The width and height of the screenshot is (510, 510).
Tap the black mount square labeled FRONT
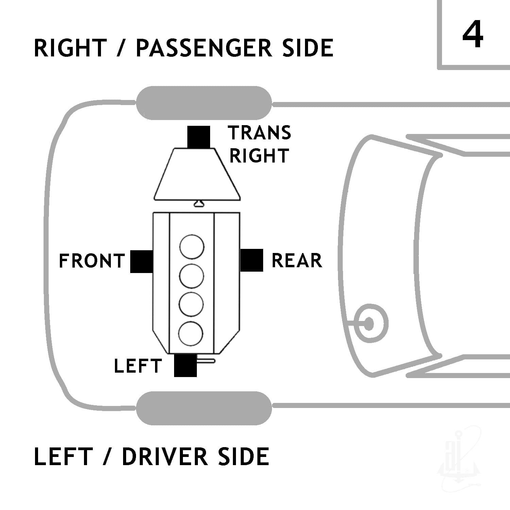pos(142,261)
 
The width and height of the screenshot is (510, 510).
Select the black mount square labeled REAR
pos(252,260)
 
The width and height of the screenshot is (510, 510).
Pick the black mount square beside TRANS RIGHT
pos(199,137)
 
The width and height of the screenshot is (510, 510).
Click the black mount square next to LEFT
pos(185,365)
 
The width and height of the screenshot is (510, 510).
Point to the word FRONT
pos(92,261)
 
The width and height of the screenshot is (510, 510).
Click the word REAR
pos(297,261)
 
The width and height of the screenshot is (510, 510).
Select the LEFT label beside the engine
pos(138,366)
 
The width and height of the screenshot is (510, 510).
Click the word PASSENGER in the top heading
pos(204,48)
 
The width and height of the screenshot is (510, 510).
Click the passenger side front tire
pos(204,103)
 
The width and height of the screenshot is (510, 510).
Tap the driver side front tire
pos(204,408)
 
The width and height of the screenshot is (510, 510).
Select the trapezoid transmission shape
pos(198,174)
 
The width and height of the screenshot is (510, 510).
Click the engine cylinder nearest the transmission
pos(192,247)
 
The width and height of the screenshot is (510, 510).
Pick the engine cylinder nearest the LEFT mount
pos(191,334)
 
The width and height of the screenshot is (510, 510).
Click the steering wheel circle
pos(369,323)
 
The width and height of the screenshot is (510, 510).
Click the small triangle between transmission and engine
pos(199,203)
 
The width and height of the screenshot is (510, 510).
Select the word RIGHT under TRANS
pos(259,155)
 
